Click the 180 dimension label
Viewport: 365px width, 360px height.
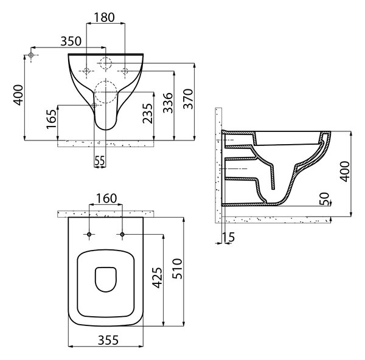[104, 17]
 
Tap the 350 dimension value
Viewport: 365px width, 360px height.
[71, 41]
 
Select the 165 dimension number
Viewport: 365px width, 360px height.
[51, 119]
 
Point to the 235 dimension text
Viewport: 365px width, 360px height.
[148, 113]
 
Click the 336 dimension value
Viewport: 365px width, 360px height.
[168, 103]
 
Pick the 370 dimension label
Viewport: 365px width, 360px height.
[188, 99]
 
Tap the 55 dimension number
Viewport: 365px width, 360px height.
[100, 161]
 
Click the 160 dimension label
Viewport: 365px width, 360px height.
[106, 198]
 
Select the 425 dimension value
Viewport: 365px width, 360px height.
[157, 278]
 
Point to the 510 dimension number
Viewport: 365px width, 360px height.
[177, 269]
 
